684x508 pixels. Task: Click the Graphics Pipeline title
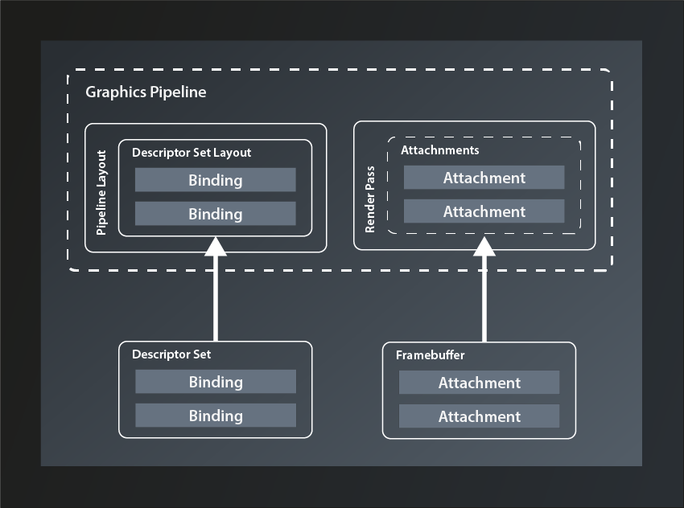pos(146,92)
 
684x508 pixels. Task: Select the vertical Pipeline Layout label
pos(101,193)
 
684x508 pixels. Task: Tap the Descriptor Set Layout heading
pos(192,152)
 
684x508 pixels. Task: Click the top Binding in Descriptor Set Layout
pos(215,180)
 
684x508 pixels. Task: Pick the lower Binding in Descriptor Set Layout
pos(215,214)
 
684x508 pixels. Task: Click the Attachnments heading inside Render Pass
pos(439,150)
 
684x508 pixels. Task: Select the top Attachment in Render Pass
pos(484,178)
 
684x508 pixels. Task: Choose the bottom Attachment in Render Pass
pos(484,211)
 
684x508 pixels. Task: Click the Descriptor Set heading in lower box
pos(171,354)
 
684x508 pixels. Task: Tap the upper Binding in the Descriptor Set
pos(215,382)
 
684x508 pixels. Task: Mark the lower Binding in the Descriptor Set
pos(215,416)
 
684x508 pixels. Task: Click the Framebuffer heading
pos(430,354)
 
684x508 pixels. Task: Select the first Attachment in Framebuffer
pos(479,383)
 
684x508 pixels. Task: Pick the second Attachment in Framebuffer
pos(479,416)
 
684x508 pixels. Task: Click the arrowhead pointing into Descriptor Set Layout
pos(216,246)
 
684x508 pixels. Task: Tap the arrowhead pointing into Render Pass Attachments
pos(484,244)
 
